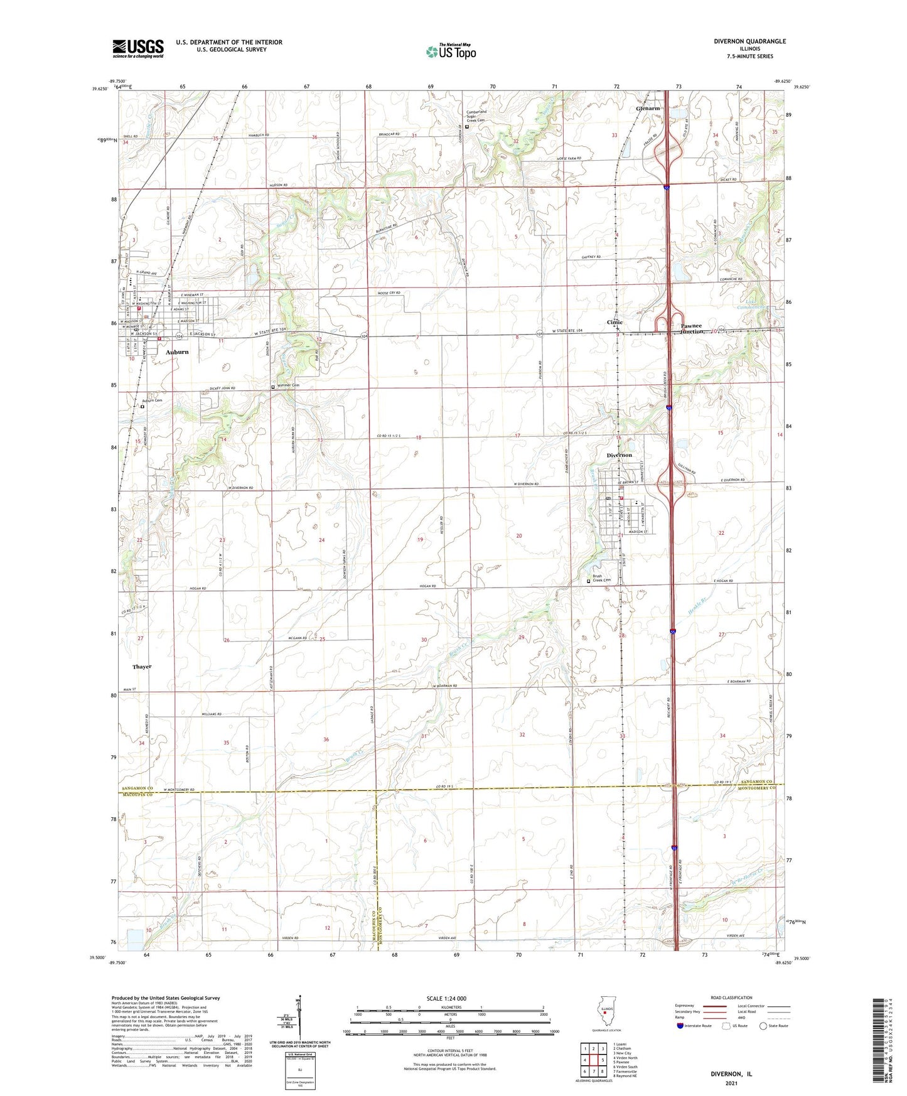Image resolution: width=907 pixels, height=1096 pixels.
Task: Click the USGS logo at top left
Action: click(138, 48)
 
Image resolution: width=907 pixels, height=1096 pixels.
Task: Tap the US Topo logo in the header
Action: click(450, 51)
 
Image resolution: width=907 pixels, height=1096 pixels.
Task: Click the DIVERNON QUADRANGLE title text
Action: click(749, 41)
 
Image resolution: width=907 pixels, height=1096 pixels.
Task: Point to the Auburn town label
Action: click(177, 352)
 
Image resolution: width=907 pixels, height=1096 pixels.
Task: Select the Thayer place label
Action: click(142, 667)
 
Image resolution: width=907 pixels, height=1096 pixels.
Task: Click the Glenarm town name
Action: click(648, 109)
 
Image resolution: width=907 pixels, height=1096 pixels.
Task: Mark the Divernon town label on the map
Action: click(619, 455)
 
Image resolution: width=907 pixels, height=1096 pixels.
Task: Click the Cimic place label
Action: click(615, 322)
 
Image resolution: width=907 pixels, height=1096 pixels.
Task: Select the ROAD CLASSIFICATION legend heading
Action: click(732, 997)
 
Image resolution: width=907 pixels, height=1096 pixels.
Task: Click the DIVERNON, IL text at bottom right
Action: click(731, 1074)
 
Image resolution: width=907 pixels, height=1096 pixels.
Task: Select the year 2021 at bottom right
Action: click(731, 1083)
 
